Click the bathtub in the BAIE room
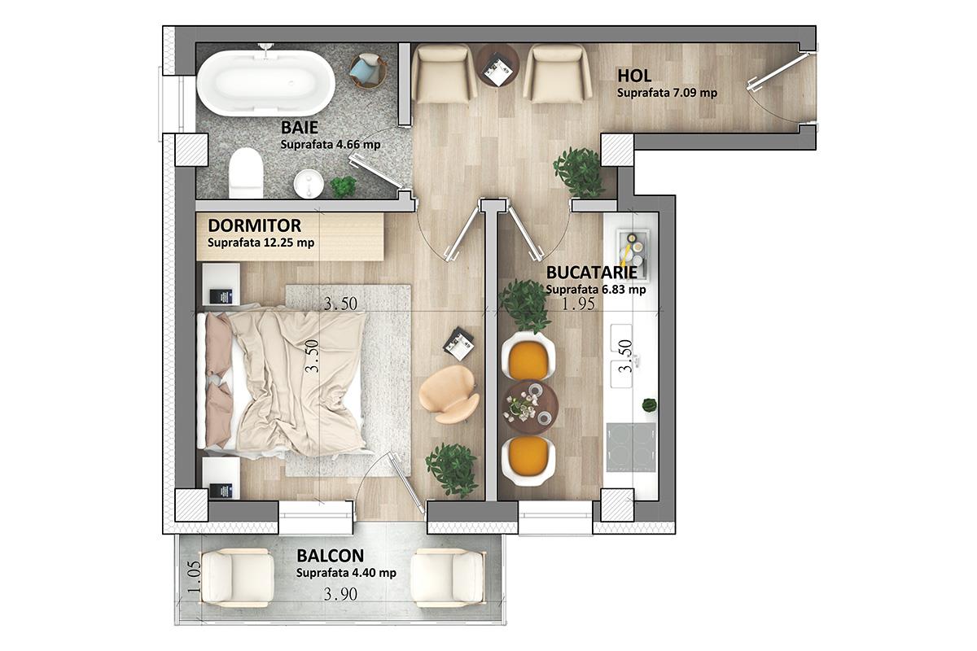(265, 83)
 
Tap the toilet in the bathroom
(247, 173)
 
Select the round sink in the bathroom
(309, 183)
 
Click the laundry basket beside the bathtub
(368, 71)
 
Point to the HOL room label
(634, 76)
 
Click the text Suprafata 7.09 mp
(667, 93)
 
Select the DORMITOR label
(254, 226)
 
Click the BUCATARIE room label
(591, 273)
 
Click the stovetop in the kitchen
(631, 447)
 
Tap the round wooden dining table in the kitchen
(530, 409)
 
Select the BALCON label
(331, 556)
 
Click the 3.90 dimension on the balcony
(340, 594)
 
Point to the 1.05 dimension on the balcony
(194, 576)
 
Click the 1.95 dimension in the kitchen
(578, 304)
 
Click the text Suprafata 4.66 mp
(331, 145)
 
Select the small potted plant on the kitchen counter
(650, 404)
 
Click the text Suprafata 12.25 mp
(261, 242)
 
